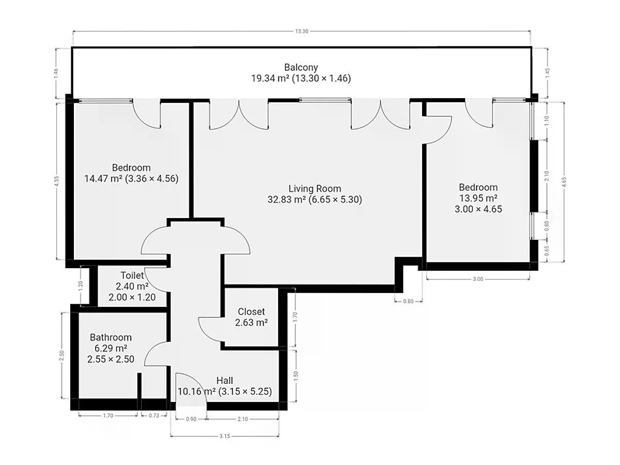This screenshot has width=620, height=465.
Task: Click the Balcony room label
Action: [301, 68]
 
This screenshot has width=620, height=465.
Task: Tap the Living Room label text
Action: [315, 189]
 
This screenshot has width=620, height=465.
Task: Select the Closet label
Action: [251, 312]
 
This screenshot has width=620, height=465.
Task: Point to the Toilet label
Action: [132, 275]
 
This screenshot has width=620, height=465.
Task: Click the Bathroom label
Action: [111, 337]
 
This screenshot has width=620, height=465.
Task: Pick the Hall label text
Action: [225, 381]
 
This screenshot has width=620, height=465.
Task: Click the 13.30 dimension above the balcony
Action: [302, 32]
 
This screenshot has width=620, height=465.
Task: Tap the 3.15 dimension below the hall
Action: [225, 436]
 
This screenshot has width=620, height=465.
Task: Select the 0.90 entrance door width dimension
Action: [191, 419]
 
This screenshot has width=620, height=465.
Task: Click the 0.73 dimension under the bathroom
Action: [154, 415]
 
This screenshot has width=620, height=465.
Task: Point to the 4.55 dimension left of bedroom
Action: [57, 181]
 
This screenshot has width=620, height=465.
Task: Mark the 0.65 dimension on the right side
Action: [547, 251]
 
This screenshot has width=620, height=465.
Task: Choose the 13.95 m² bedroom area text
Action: [478, 198]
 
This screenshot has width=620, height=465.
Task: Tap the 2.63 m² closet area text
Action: [252, 322]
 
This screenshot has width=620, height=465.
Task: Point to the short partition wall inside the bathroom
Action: [139, 386]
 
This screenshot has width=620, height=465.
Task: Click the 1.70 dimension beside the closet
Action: [296, 317]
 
